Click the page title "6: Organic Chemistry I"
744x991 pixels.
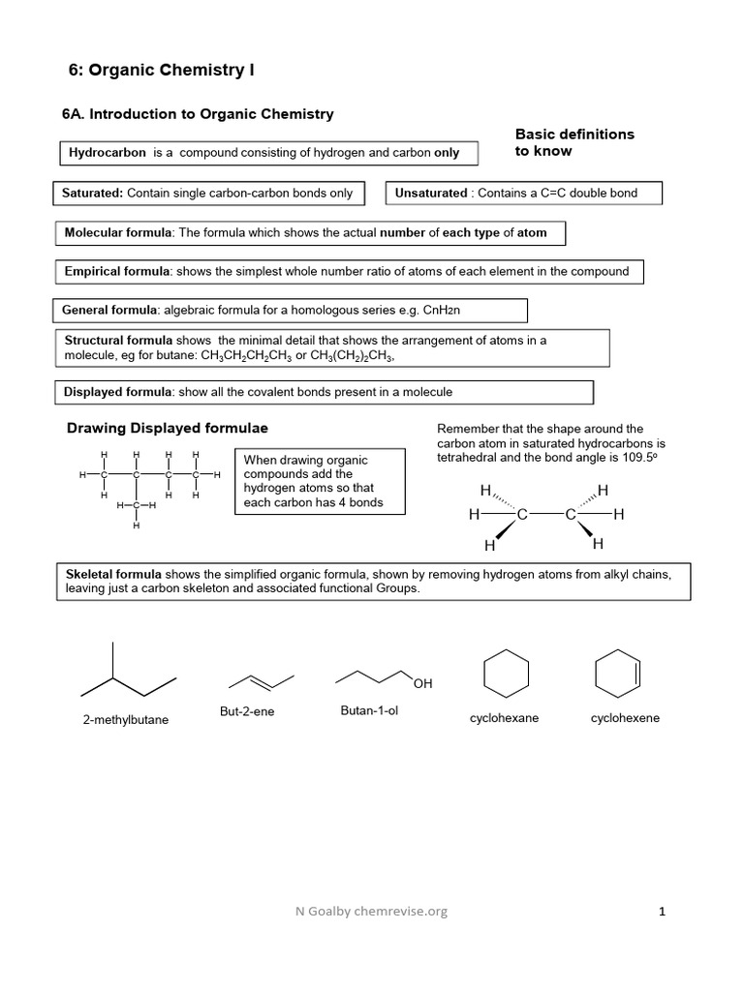(x=162, y=70)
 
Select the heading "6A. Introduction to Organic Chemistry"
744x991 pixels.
(x=199, y=114)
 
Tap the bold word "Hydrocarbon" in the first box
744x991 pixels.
(x=108, y=153)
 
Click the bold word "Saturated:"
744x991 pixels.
(x=92, y=194)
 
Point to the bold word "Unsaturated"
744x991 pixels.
(x=431, y=194)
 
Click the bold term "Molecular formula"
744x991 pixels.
(x=117, y=233)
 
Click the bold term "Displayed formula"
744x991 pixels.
(x=117, y=392)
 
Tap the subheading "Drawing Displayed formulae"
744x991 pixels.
(x=167, y=428)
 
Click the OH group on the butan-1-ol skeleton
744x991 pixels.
(x=422, y=685)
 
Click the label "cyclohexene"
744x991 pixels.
(x=625, y=719)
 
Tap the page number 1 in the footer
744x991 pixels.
(x=663, y=911)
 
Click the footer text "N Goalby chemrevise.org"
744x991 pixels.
(x=373, y=911)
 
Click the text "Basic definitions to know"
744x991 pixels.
(x=573, y=142)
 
